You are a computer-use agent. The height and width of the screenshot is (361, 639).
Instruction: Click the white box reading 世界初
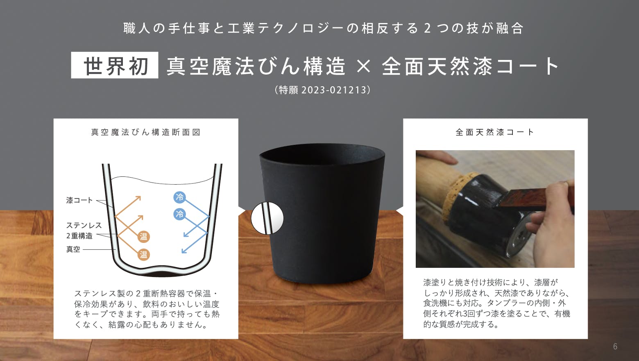pyautogui.click(x=115, y=65)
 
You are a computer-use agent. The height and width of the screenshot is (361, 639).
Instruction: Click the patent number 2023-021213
pyautogui.click(x=334, y=90)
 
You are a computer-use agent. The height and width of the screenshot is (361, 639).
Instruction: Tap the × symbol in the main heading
pyautogui.click(x=363, y=66)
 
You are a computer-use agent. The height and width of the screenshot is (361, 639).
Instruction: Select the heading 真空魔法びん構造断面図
pyautogui.click(x=146, y=132)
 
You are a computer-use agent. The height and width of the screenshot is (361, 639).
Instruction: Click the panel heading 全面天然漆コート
pyautogui.click(x=495, y=132)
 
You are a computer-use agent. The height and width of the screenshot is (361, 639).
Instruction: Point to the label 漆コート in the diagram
pyautogui.click(x=79, y=200)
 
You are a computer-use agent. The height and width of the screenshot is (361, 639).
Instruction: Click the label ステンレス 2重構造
pyautogui.click(x=84, y=231)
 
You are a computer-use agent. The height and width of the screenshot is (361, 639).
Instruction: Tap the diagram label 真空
pyautogui.click(x=73, y=249)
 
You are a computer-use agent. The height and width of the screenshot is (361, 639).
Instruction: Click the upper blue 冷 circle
pyautogui.click(x=179, y=197)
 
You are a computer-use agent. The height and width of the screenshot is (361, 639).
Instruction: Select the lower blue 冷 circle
pyautogui.click(x=179, y=214)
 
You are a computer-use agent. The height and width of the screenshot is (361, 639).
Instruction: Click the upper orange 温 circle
pyautogui.click(x=143, y=237)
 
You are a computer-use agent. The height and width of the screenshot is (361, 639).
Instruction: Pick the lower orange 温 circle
pyautogui.click(x=143, y=254)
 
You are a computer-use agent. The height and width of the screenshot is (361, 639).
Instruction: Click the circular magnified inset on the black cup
pyautogui.click(x=267, y=218)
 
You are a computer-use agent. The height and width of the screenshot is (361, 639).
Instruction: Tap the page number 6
pyautogui.click(x=615, y=347)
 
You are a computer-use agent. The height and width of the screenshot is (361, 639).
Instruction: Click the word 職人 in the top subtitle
pyautogui.click(x=137, y=28)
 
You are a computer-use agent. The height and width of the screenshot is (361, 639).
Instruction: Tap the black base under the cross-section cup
pyautogui.click(x=161, y=274)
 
